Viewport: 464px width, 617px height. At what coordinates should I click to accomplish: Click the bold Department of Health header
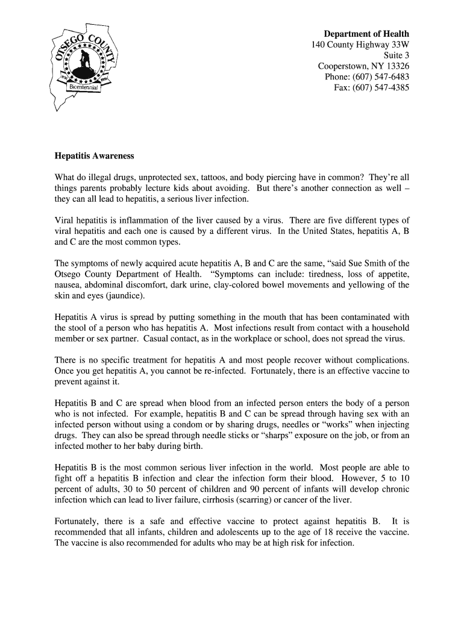click(366, 34)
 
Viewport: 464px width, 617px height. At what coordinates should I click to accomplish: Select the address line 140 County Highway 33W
click(360, 45)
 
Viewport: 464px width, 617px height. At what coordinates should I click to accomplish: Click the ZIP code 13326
click(397, 66)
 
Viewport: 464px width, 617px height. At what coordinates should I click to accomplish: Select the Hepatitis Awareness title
click(94, 155)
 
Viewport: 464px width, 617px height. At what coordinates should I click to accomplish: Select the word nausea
click(68, 285)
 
